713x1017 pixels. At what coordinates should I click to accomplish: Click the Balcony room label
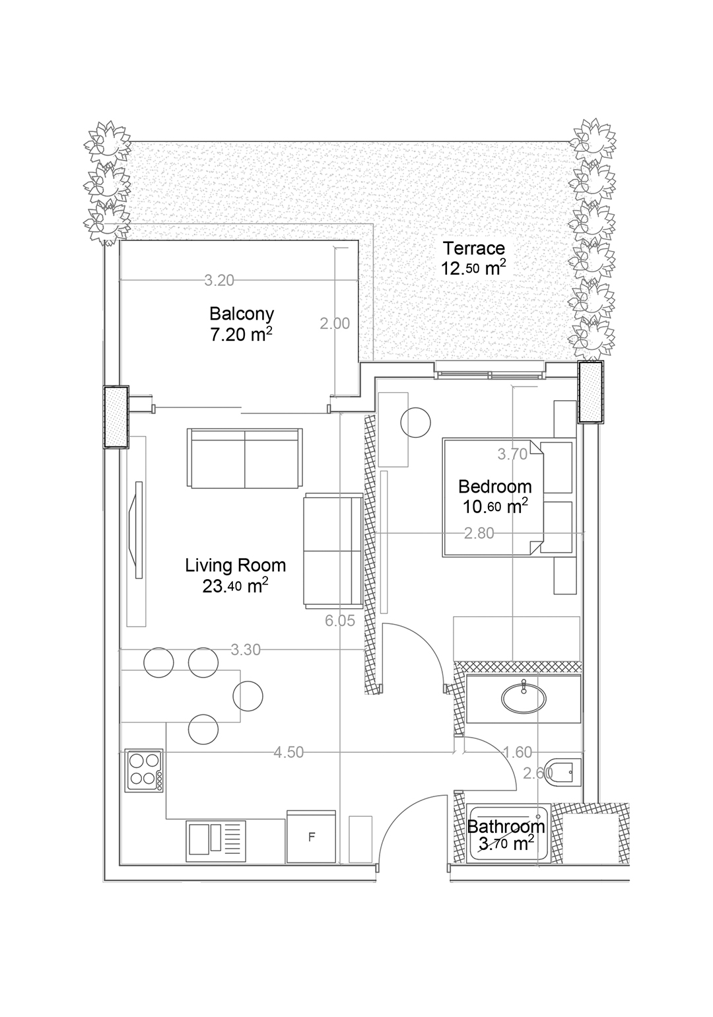point(242,314)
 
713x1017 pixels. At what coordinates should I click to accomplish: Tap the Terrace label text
point(474,248)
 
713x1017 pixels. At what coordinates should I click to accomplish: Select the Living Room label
point(236,565)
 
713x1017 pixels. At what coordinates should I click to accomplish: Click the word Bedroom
point(494,486)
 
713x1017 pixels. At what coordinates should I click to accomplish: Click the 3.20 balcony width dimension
point(219,281)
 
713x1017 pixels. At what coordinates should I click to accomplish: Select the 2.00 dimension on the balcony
point(335,324)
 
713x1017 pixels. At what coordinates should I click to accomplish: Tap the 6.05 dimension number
point(340,620)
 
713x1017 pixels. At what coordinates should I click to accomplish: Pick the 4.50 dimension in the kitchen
point(289,752)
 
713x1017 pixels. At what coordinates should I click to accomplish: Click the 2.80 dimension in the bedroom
point(479,532)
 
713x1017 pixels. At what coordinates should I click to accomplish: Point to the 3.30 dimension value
point(246,650)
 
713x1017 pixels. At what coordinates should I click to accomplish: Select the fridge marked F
point(312,836)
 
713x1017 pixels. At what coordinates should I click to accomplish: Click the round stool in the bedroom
point(415,423)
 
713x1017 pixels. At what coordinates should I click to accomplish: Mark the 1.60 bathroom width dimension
point(518,752)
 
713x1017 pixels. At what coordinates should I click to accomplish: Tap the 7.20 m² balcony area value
point(241,335)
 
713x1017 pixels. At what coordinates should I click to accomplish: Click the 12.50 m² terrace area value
point(474,268)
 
